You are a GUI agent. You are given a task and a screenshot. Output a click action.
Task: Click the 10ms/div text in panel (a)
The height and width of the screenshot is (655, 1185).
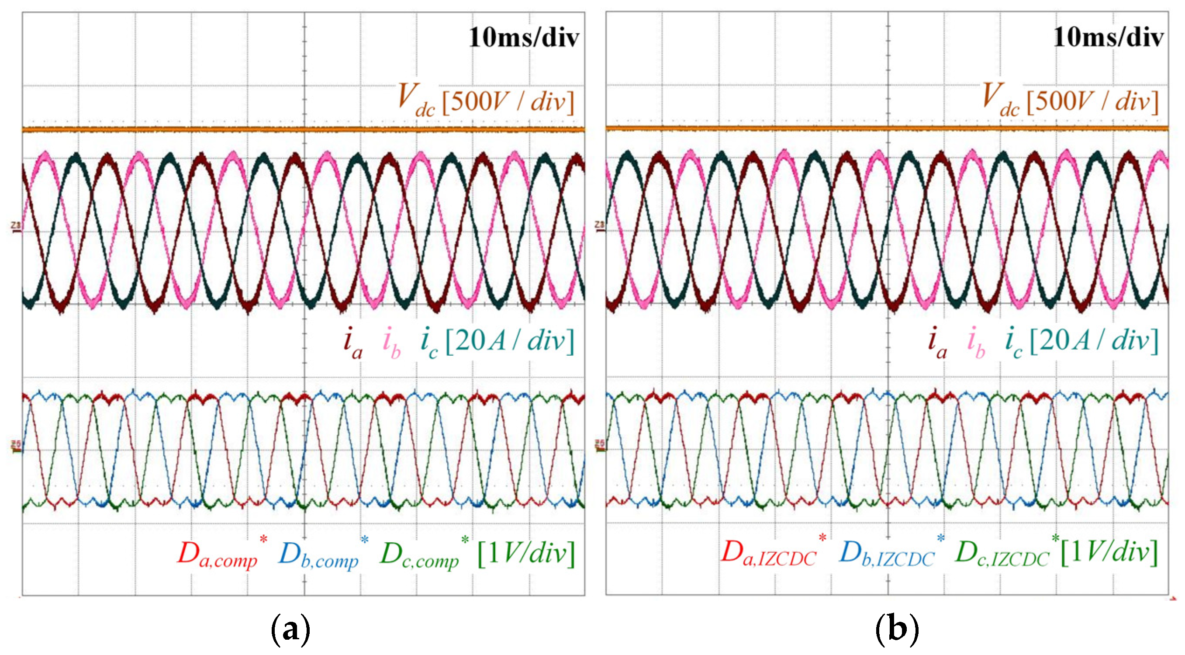point(524,37)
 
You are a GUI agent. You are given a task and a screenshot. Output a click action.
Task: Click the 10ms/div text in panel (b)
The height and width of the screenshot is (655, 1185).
point(1108,37)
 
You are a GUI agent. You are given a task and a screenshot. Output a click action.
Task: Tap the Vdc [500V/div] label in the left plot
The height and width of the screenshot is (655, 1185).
point(486,100)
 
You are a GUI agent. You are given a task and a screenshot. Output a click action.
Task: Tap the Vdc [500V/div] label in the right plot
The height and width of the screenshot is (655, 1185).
point(1070,100)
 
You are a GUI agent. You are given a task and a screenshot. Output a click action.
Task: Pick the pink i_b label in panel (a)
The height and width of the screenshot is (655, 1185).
point(392,343)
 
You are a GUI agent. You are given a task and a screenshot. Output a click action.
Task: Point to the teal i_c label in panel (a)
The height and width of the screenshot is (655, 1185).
point(429,343)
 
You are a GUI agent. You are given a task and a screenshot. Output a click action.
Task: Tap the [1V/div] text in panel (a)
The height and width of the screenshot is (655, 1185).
point(526,554)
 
